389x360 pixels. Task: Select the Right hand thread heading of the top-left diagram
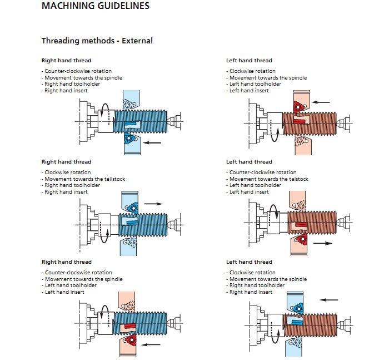point(66,60)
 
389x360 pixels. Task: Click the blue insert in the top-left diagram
point(131,137)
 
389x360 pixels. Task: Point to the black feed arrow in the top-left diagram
point(152,142)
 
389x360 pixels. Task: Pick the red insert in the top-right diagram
point(300,105)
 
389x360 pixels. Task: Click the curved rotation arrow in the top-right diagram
point(276,130)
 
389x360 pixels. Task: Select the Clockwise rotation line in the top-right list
point(253,71)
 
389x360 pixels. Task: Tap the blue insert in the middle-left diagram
point(132,207)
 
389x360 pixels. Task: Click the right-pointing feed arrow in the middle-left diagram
point(153,204)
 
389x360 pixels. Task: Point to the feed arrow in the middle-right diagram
point(322,244)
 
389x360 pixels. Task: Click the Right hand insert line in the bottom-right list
point(251,292)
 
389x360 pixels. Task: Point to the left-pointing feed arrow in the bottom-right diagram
point(330,299)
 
